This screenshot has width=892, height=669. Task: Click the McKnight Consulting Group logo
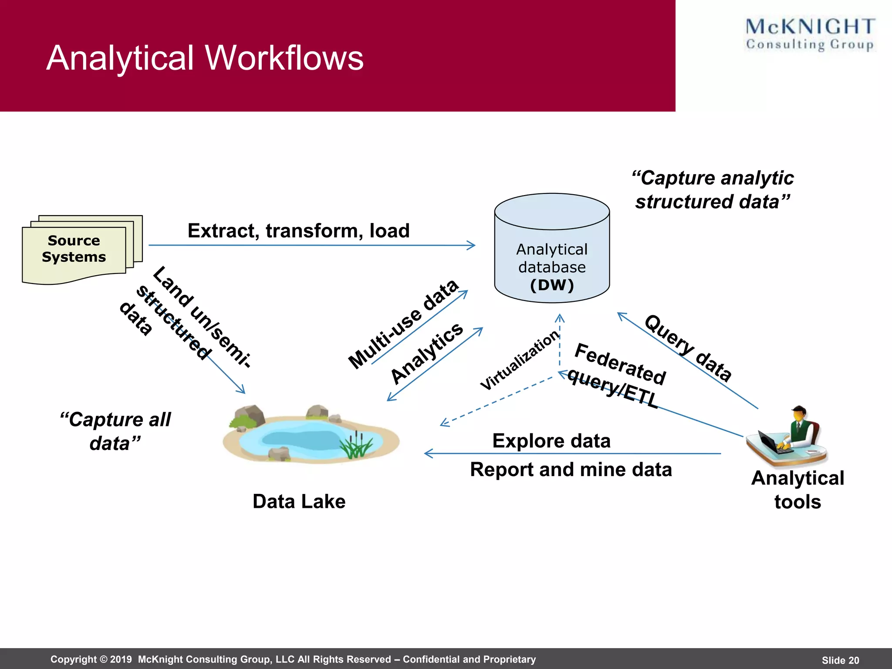(810, 34)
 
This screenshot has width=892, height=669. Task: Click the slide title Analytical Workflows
(205, 58)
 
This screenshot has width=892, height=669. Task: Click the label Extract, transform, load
(298, 230)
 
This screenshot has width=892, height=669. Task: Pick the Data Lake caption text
(299, 501)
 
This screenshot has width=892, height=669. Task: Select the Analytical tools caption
(797, 490)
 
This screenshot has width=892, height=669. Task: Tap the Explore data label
(551, 441)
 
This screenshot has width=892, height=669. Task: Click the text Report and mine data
(571, 470)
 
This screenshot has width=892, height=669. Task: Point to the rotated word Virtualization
(519, 360)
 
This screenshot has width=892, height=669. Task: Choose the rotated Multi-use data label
(403, 324)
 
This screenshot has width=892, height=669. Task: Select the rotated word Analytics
(427, 353)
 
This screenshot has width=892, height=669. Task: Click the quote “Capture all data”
(115, 431)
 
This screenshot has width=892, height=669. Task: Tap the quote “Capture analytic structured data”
(713, 190)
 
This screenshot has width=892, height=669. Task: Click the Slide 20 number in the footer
(840, 660)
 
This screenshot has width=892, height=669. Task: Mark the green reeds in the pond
(356, 446)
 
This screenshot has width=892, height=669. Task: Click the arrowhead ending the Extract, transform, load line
(472, 245)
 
